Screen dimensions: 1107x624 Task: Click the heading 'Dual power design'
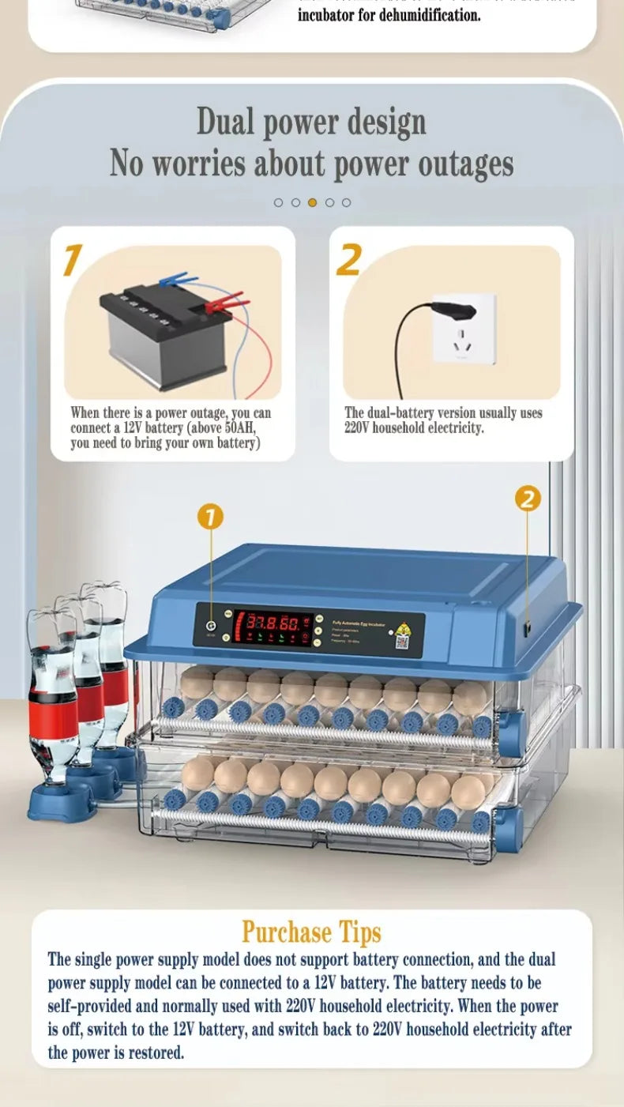311,122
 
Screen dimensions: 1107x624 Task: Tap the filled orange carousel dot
312,202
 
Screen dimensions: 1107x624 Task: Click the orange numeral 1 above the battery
73,261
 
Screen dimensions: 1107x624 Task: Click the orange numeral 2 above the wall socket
349,261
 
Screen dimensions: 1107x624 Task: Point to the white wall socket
464,328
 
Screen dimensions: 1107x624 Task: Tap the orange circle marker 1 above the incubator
210,518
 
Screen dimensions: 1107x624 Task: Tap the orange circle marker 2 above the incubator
528,499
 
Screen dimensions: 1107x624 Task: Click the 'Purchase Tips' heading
311,932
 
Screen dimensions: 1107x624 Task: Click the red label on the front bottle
53,715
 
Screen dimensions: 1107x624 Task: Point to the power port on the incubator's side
526,627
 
